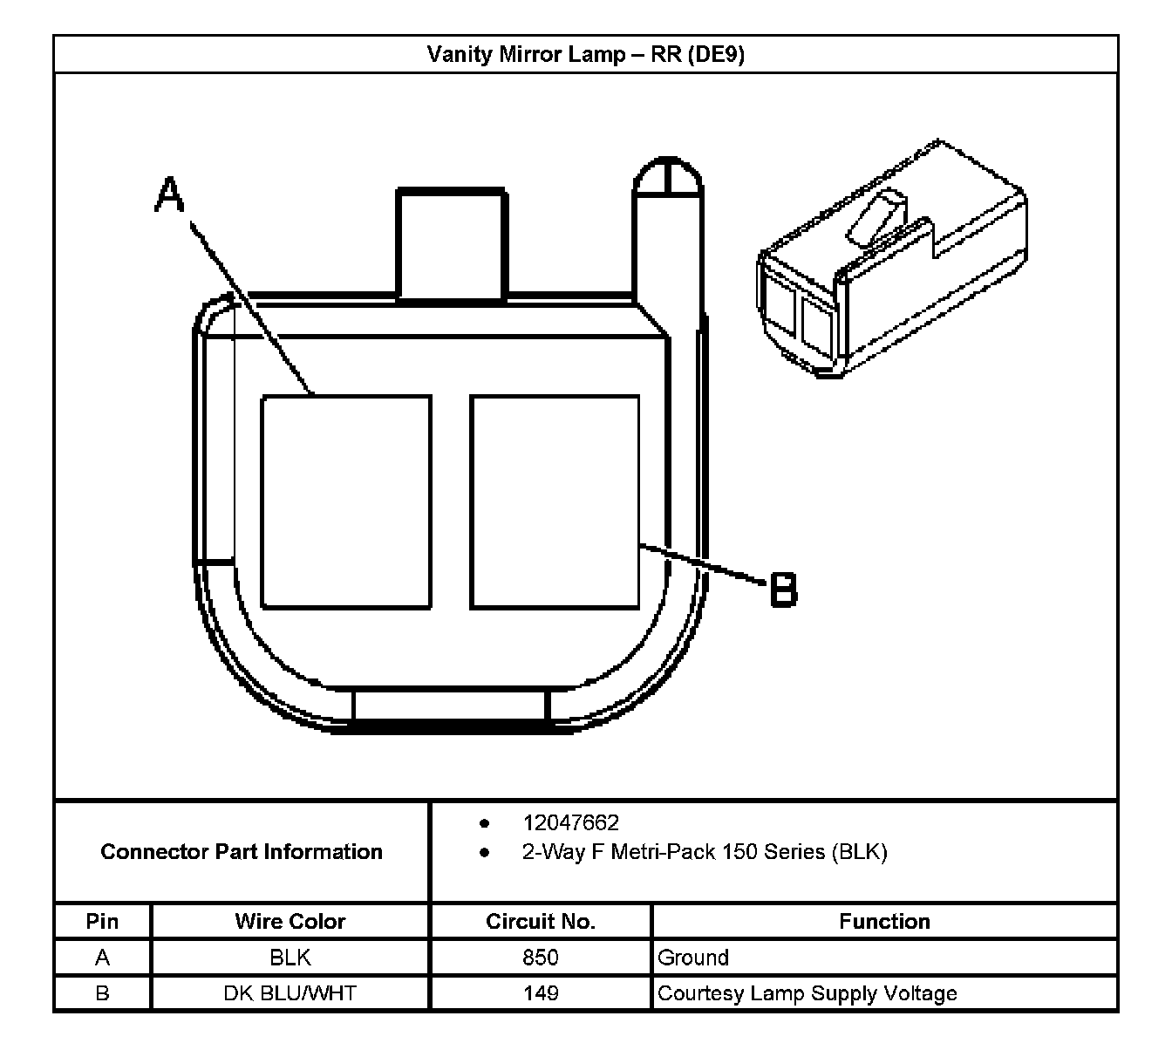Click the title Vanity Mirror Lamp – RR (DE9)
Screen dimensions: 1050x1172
[x=585, y=55]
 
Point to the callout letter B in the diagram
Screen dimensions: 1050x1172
[x=783, y=590]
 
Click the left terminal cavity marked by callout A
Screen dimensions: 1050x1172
[x=346, y=501]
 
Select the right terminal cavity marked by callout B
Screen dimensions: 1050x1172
[x=555, y=501]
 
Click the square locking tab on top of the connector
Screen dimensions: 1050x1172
[x=451, y=243]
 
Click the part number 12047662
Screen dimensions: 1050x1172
[x=570, y=822]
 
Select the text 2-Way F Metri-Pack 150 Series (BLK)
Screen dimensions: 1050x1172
[x=704, y=852]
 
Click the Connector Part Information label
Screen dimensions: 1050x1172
[x=242, y=852]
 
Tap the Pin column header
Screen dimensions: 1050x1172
[x=102, y=922]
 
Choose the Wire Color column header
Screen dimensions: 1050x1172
[x=290, y=922]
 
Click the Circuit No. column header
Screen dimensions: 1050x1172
[x=541, y=922]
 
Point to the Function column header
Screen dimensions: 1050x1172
[x=884, y=922]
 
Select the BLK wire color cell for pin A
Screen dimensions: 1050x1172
[x=290, y=958]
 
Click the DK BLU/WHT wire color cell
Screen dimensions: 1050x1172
[x=290, y=993]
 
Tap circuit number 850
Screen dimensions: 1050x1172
[x=541, y=958]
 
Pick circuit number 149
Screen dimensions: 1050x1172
[x=541, y=993]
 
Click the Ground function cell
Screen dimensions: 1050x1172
[x=693, y=958]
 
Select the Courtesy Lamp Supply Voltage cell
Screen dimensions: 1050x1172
[x=807, y=993]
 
